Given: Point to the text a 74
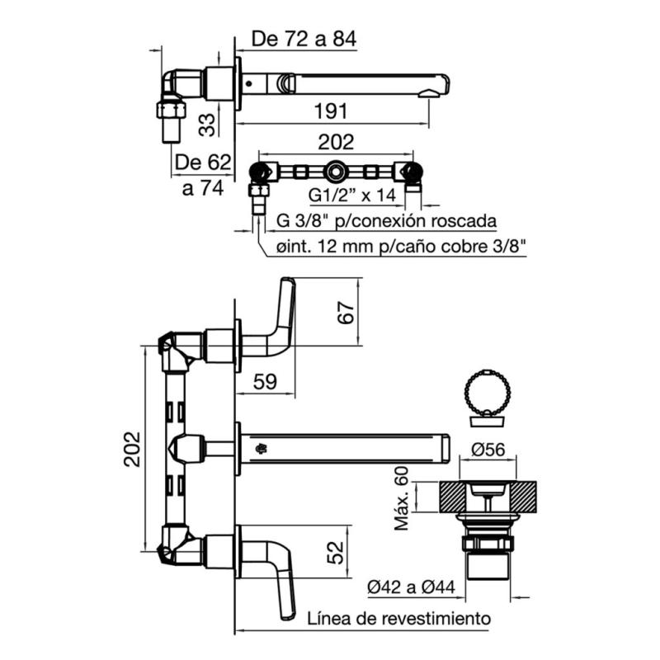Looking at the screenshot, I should pyautogui.click(x=203, y=188).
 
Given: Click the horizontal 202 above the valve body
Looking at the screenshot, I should pyautogui.click(x=336, y=142).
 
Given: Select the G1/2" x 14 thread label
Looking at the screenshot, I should pyautogui.click(x=352, y=196).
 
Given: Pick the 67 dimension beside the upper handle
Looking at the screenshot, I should pyautogui.click(x=346, y=313).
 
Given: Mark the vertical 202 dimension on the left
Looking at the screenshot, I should pyautogui.click(x=133, y=450).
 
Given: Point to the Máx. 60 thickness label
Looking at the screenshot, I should pyautogui.click(x=403, y=499).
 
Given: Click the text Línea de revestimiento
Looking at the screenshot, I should pyautogui.click(x=400, y=618).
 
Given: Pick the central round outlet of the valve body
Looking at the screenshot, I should pyautogui.click(x=337, y=172).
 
